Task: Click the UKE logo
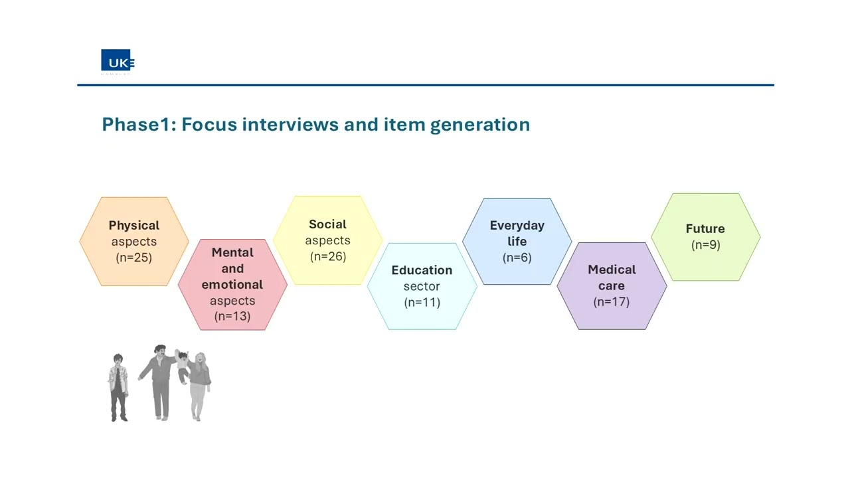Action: point(118,61)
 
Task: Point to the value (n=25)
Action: point(134,258)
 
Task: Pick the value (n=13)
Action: point(232,316)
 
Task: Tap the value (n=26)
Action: point(328,256)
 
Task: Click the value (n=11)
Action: point(422,302)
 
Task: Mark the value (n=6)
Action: point(517,258)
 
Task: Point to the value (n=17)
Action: point(612,301)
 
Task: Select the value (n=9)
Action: point(705,245)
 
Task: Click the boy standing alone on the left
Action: point(118,387)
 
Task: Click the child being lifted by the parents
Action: point(182,366)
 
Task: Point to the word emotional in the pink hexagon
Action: point(232,285)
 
